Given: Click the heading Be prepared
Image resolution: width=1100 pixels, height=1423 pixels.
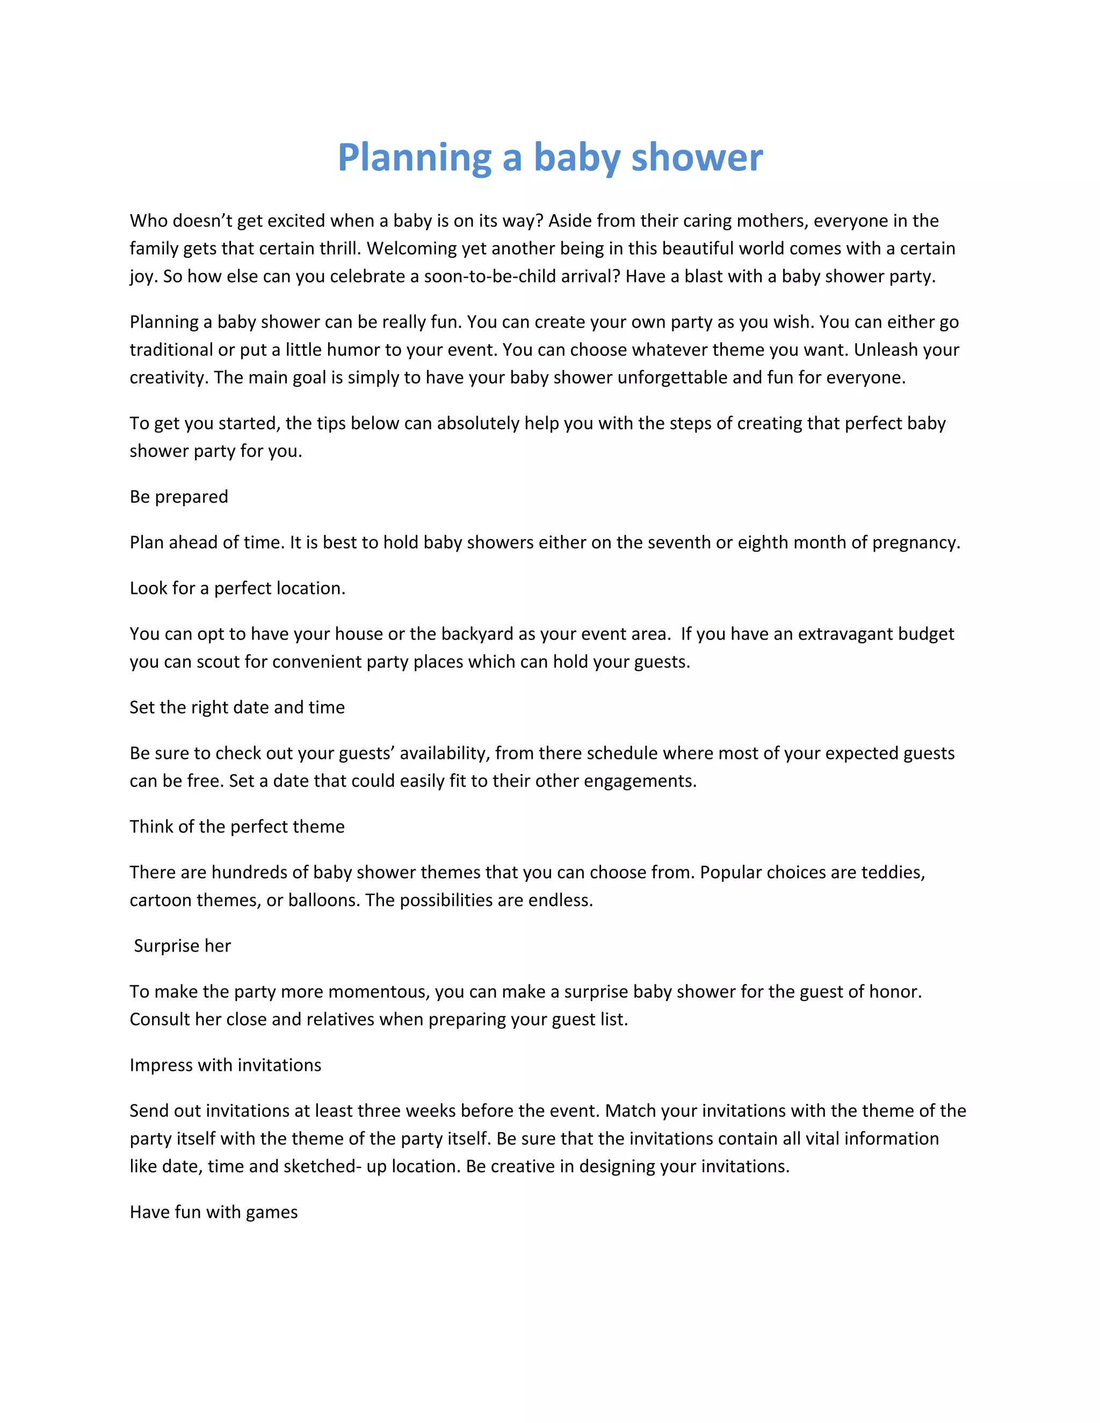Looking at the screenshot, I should pyautogui.click(x=178, y=497).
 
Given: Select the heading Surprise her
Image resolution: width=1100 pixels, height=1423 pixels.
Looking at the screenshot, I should pyautogui.click(x=182, y=946).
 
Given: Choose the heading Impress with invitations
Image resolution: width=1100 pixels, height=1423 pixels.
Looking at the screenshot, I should pyautogui.click(x=226, y=1065).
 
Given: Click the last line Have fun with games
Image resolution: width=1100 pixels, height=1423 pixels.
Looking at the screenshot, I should pyautogui.click(x=214, y=1213).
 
